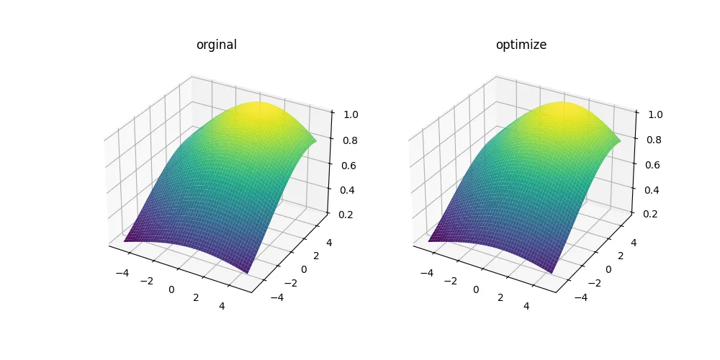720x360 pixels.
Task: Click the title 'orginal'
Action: coord(217,45)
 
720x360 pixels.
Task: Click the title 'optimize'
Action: coord(521,45)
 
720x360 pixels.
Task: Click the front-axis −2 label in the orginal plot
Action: coord(147,279)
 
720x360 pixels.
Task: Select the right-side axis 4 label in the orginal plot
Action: coord(328,243)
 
